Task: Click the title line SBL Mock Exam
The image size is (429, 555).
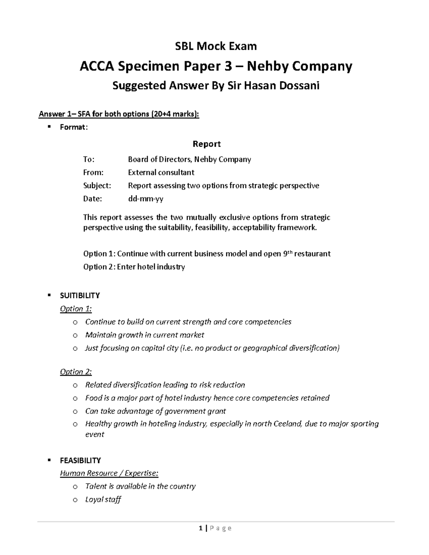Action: coord(215,46)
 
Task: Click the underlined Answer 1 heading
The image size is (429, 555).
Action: coord(119,114)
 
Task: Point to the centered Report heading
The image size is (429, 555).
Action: coord(207,144)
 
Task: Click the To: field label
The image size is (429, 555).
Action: coord(89,159)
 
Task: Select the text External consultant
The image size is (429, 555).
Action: coord(161,173)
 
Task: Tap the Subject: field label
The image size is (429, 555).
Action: coord(97,186)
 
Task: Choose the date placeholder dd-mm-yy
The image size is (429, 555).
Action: coord(146,199)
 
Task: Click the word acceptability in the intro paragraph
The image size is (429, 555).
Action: coord(255,228)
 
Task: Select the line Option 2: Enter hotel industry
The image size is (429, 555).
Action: coord(134,267)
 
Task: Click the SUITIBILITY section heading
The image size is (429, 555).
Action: coord(80,296)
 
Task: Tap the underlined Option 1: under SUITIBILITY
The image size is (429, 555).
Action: coord(76,309)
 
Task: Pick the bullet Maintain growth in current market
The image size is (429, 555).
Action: coord(144,335)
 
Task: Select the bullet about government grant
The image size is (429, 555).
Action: coord(156,411)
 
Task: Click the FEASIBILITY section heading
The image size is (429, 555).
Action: coord(80,460)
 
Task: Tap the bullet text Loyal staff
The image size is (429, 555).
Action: coord(103,500)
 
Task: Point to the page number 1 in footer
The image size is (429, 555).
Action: coord(201,528)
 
